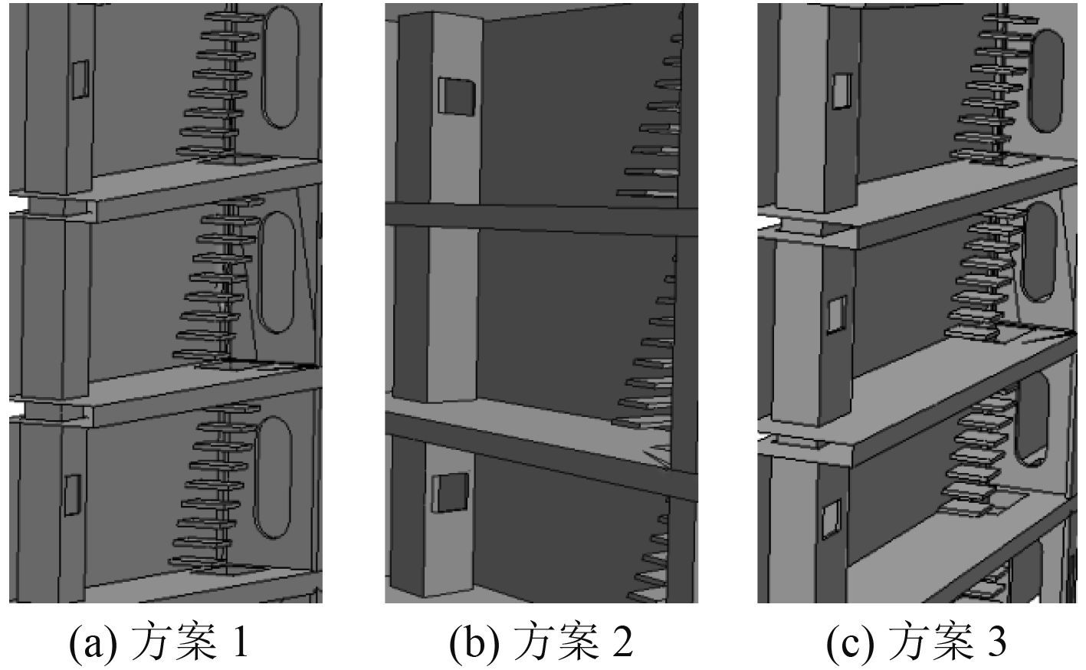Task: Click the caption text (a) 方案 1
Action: click(159, 642)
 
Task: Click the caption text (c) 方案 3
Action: click(917, 642)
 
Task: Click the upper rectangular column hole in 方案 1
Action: click(80, 79)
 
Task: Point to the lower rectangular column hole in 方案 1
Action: click(72, 494)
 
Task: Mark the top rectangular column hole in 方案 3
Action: click(842, 90)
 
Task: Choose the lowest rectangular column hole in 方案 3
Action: click(830, 519)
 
